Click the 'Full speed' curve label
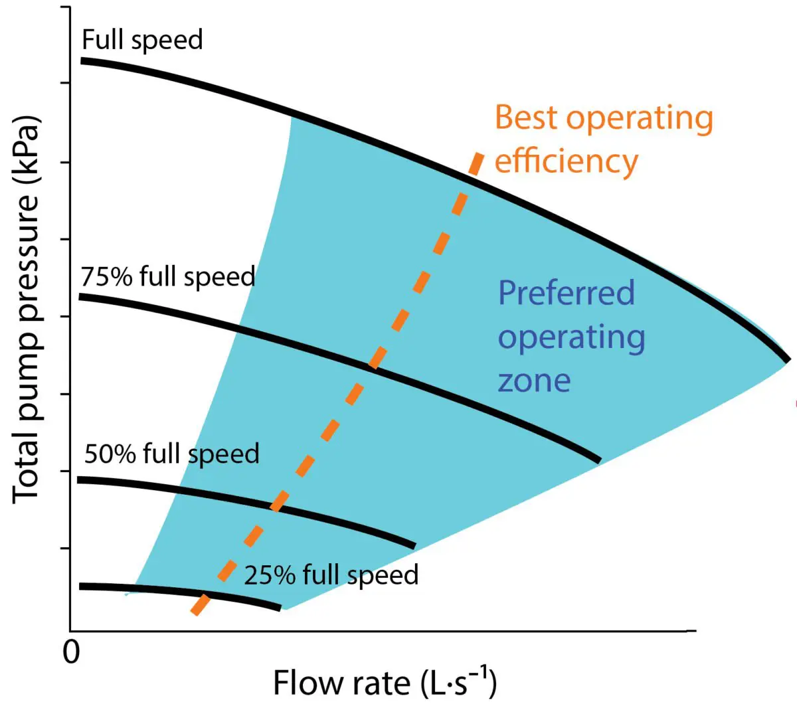pos(142,40)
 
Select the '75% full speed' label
pos(168,276)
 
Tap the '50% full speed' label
pos(171,454)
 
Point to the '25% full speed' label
pos(331,575)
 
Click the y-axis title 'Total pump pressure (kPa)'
pos(27,310)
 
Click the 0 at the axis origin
pos(71,652)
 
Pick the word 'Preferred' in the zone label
pos(567,293)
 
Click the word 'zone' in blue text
pos(534,381)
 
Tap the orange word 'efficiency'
pos(567,161)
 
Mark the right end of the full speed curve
pos(788,360)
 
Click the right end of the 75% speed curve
pos(599,460)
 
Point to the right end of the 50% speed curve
pos(414,546)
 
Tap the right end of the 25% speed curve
pos(280,607)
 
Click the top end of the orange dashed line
pos(478,154)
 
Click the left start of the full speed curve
pos(82,60)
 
